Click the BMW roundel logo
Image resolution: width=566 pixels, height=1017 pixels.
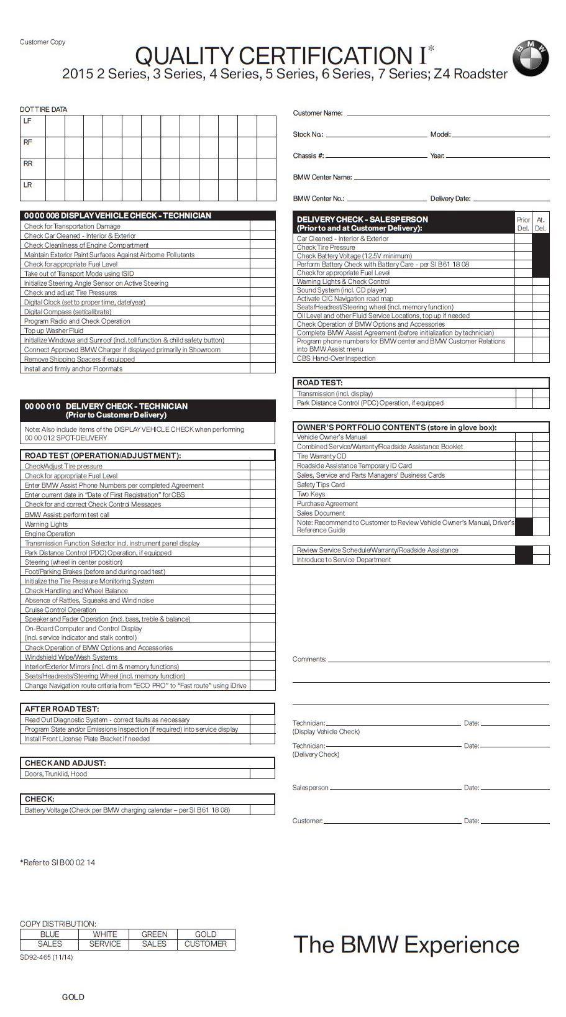click(x=530, y=60)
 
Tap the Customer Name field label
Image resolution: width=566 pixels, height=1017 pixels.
click(x=317, y=113)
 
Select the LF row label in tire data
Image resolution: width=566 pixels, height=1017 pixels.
click(x=27, y=121)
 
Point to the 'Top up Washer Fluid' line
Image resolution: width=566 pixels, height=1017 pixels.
click(x=53, y=331)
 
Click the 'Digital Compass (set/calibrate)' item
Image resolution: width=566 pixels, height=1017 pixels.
click(x=68, y=312)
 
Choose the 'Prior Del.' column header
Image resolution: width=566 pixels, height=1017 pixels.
click(x=523, y=224)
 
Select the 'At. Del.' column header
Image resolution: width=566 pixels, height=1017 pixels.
click(x=541, y=224)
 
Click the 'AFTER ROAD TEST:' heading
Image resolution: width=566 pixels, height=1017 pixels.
click(x=62, y=709)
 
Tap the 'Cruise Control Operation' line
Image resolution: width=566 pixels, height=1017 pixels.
click(x=60, y=609)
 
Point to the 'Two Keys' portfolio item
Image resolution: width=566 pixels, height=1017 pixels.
click(x=311, y=494)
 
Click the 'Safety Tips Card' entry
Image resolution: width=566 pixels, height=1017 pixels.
click(x=321, y=485)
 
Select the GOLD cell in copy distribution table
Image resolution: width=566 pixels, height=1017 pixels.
click(x=206, y=934)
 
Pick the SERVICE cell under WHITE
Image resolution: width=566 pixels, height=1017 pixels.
click(x=105, y=944)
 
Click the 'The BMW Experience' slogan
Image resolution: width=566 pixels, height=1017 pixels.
click(x=406, y=944)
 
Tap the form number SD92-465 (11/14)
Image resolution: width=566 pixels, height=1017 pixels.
click(x=46, y=957)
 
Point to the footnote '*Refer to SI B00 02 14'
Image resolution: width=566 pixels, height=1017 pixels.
click(x=58, y=862)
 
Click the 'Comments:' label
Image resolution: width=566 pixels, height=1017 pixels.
click(x=309, y=659)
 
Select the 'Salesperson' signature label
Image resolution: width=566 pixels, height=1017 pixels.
click(x=310, y=788)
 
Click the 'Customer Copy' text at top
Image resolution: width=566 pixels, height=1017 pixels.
click(x=42, y=42)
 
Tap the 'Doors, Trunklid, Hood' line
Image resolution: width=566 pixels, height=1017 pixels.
click(x=56, y=773)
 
